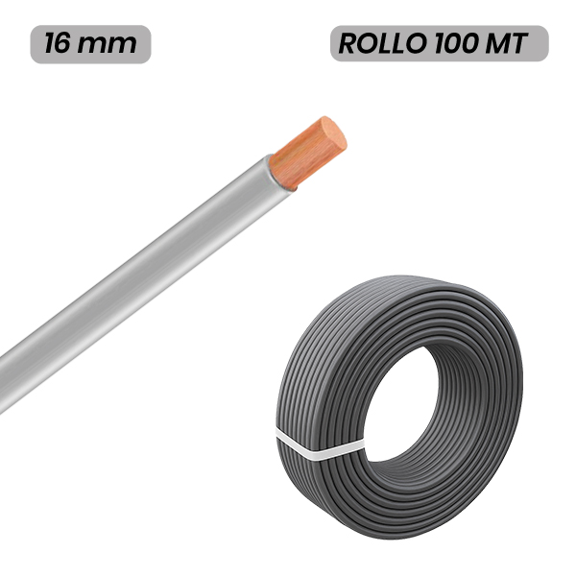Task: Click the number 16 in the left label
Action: point(58,43)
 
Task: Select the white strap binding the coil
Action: point(320,444)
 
